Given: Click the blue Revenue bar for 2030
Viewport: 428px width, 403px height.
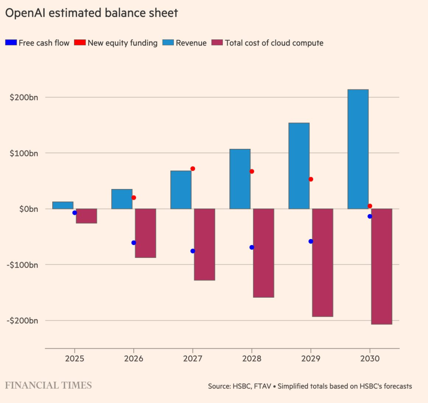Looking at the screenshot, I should coord(358,149).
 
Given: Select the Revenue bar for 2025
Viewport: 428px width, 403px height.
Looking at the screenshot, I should coord(63,205).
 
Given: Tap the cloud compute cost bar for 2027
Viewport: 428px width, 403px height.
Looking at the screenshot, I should coord(204,244).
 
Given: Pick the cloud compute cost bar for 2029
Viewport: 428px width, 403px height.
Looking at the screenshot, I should coord(322,263).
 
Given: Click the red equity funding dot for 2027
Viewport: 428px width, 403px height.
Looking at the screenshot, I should coord(193,169).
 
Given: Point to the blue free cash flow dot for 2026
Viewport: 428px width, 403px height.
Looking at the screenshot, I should coord(134,243).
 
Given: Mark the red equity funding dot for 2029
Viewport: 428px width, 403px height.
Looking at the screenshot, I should coord(311,179).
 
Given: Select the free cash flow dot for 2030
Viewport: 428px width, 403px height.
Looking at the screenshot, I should coord(369,217).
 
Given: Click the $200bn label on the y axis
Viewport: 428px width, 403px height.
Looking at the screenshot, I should coord(24,97).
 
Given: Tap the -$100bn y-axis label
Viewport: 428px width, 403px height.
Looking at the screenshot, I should coord(23,265).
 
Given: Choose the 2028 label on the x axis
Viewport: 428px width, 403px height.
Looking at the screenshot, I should coord(252,359).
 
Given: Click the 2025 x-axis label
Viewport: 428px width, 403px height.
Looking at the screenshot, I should coord(75,359).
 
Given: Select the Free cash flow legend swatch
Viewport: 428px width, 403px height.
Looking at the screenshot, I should coord(10,43).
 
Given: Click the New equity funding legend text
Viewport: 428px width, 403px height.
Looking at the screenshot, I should coord(122,43).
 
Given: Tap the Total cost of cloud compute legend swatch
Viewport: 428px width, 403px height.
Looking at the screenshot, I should coord(217,43).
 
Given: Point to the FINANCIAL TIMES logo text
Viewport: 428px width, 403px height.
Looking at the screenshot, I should coord(48,385).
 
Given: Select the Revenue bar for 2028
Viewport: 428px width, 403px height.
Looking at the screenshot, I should coord(240,179).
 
